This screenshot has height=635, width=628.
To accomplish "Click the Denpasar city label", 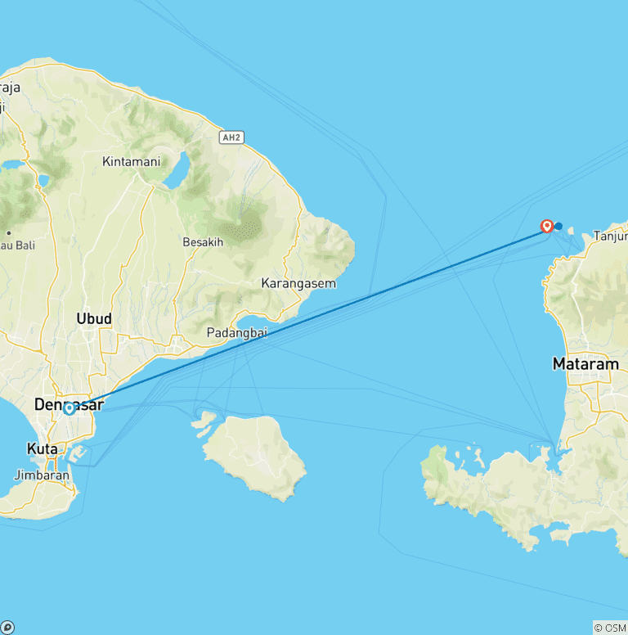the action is coord(69,403).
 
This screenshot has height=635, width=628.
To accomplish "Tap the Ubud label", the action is coord(93,317).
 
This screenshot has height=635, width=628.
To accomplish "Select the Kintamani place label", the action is coord(131,161).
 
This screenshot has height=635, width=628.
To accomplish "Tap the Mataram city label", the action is coord(585,363).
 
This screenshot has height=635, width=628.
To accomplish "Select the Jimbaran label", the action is coord(38,475).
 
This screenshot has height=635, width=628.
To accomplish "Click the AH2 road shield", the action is coord(232,137).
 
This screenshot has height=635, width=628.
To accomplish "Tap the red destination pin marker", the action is coord(547,226).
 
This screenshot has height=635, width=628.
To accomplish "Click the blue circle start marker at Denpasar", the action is coord(70,408).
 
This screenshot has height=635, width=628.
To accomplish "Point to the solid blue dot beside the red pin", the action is coord(558,227).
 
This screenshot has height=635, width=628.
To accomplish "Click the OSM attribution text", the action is coord(609,628).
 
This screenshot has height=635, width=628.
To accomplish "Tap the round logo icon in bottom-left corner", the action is coord(8,628).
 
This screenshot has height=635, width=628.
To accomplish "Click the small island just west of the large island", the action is coord(204,422).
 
